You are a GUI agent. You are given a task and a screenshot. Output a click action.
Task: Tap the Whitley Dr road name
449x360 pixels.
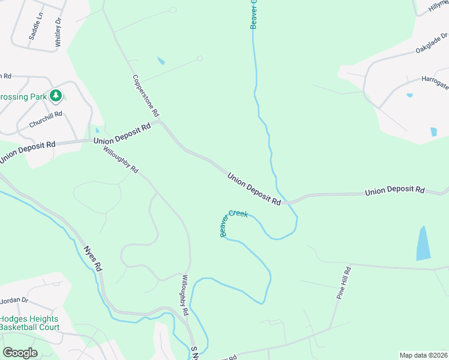point(58,32)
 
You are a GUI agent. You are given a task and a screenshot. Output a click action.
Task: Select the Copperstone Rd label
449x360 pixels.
point(146,95)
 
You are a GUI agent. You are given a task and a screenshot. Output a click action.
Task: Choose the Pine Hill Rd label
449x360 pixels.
point(343,284)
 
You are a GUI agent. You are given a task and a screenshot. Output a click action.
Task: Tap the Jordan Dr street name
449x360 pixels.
point(14,300)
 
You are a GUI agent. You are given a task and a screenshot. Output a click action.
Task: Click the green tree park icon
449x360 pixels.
point(56,95)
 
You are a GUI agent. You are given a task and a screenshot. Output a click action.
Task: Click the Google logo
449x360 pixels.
point(20,353)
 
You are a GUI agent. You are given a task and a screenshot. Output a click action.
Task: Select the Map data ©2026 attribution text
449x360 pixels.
point(423,355)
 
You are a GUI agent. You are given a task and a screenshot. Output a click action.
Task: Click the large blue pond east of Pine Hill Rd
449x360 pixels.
point(424,243)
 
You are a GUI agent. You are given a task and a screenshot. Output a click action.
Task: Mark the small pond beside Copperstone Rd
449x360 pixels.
point(160,61)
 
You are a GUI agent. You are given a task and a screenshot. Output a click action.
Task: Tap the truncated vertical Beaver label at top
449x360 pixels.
point(253,14)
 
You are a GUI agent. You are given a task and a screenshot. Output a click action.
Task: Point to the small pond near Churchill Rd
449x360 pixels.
point(97,130)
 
